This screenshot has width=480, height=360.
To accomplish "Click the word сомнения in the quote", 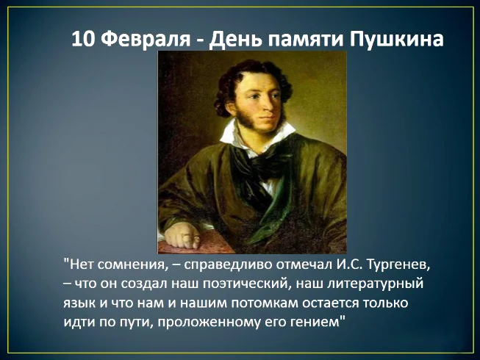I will [x=126, y=262].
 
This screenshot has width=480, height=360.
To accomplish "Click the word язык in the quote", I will [x=79, y=302].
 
